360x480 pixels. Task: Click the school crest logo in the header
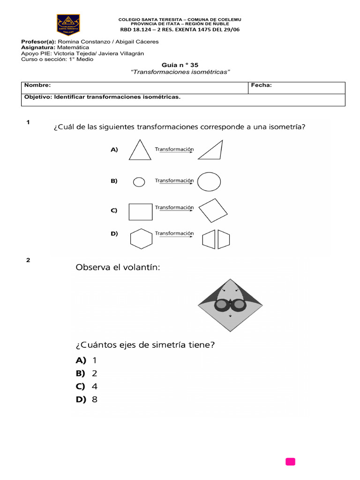[x=68, y=25]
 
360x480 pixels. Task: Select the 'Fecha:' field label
[x=261, y=85]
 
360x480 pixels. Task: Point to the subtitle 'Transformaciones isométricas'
[x=180, y=72]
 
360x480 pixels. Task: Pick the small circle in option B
[x=139, y=182]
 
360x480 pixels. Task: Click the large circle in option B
[x=209, y=182]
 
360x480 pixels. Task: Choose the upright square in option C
[x=141, y=212]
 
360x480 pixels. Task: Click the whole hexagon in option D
[x=142, y=239]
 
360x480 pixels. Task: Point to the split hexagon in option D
[x=216, y=239]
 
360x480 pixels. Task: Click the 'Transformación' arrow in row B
[x=174, y=182]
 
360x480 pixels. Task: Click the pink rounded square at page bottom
[x=290, y=462]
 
